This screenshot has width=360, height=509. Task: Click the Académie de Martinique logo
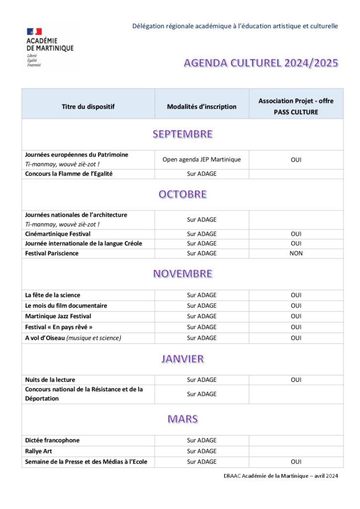[x=50, y=47]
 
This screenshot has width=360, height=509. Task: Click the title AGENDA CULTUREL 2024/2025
[x=261, y=63]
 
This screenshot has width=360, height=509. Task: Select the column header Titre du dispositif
[x=88, y=106]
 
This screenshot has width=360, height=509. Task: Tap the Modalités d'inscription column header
[x=201, y=106]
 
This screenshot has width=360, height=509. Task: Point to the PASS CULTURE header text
[x=296, y=112]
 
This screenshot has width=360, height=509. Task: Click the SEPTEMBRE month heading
[x=182, y=134]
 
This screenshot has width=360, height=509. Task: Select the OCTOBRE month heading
[x=182, y=194]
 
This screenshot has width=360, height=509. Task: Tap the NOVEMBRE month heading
[x=182, y=274]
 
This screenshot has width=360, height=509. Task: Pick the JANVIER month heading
[x=182, y=359]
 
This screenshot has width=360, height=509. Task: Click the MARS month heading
[x=182, y=419]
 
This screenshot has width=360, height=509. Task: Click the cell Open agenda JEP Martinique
[x=201, y=160]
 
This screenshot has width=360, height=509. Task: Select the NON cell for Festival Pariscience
[x=296, y=254]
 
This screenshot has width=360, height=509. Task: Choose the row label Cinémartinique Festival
[x=58, y=234]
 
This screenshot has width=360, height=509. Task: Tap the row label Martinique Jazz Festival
[x=58, y=316]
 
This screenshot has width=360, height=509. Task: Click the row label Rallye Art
[x=38, y=451]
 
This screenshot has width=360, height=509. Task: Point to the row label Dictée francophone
[x=52, y=440]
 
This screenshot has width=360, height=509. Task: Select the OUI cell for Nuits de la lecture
[x=296, y=380]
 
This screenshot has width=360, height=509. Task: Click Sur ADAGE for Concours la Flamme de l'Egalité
[x=201, y=174]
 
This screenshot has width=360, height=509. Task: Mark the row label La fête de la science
[x=53, y=295]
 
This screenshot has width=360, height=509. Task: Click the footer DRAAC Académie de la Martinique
[x=280, y=476]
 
